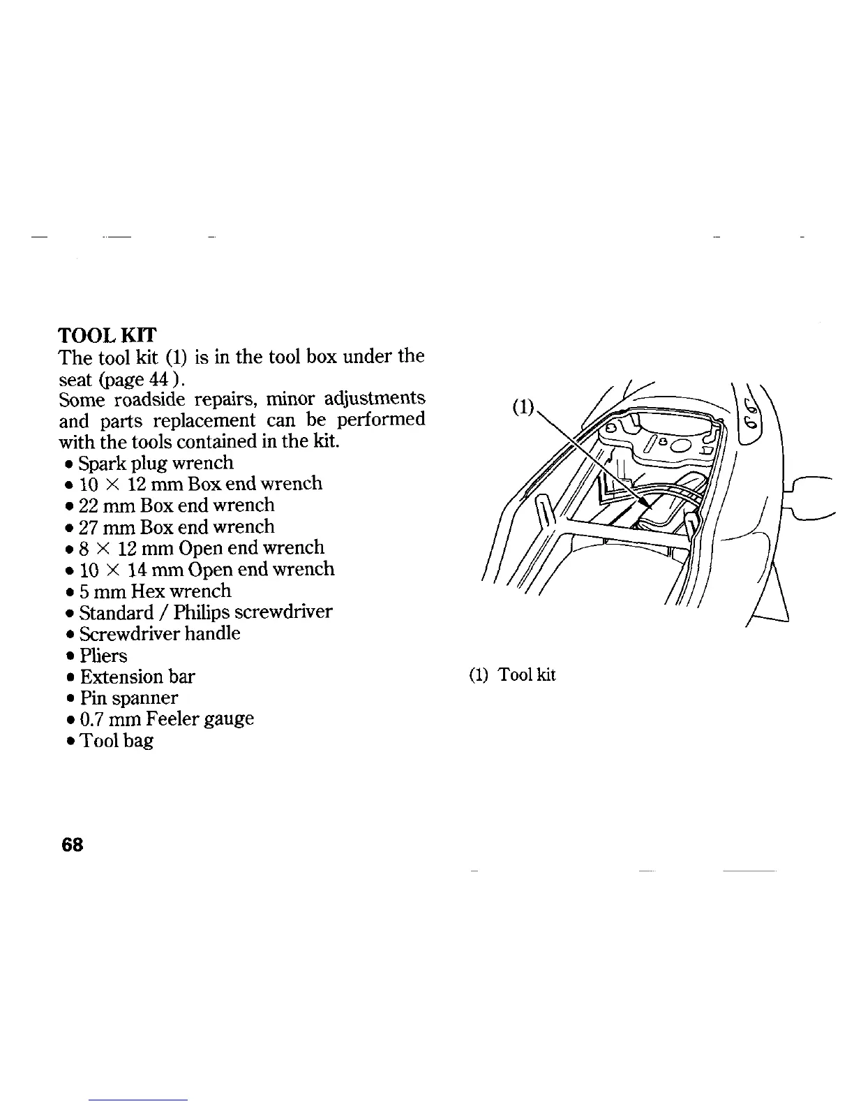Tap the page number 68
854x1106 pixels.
(72, 844)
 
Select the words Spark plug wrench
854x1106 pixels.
(156, 463)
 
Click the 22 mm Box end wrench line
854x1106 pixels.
(177, 505)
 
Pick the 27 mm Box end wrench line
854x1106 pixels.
(177, 526)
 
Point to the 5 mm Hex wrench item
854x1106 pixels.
(155, 591)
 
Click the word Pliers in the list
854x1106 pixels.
(103, 656)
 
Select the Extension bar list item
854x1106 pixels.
(137, 677)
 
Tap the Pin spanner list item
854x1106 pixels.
(129, 698)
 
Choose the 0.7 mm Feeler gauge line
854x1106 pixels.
(166, 718)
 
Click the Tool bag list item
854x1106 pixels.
(116, 740)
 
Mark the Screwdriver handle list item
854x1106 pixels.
(160, 633)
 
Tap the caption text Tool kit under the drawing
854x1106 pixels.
(526, 675)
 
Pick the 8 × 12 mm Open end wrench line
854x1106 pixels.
(201, 547)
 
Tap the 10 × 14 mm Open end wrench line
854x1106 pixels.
(207, 569)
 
